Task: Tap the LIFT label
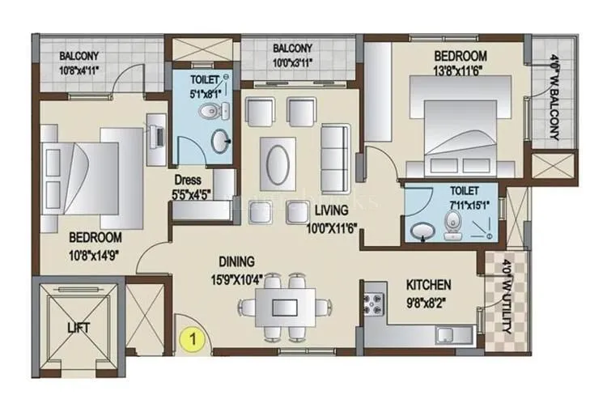79,328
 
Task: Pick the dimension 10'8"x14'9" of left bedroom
95,253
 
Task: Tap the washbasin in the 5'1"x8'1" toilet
219,142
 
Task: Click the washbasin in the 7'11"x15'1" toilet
422,231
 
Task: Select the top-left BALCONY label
79,56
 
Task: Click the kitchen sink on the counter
448,334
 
